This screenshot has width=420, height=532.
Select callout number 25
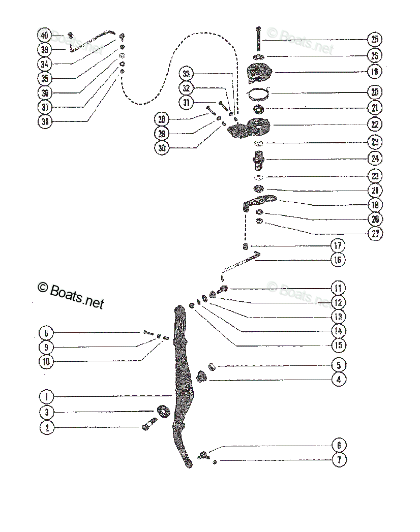(375, 40)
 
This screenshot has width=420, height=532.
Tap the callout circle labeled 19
(375, 72)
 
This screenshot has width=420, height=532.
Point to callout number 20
(375, 93)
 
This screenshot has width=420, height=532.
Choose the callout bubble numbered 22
(375, 124)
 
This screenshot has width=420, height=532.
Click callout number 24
(375, 159)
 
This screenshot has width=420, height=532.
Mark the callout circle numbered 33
(186, 74)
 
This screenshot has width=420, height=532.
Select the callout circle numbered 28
(162, 119)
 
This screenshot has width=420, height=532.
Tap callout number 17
(338, 246)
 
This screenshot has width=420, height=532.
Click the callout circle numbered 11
(338, 288)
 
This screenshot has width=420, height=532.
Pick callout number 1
(46, 396)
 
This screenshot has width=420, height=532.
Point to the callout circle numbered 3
(46, 412)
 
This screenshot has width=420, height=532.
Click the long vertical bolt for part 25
(259, 39)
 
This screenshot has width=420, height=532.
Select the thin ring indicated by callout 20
(259, 93)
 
